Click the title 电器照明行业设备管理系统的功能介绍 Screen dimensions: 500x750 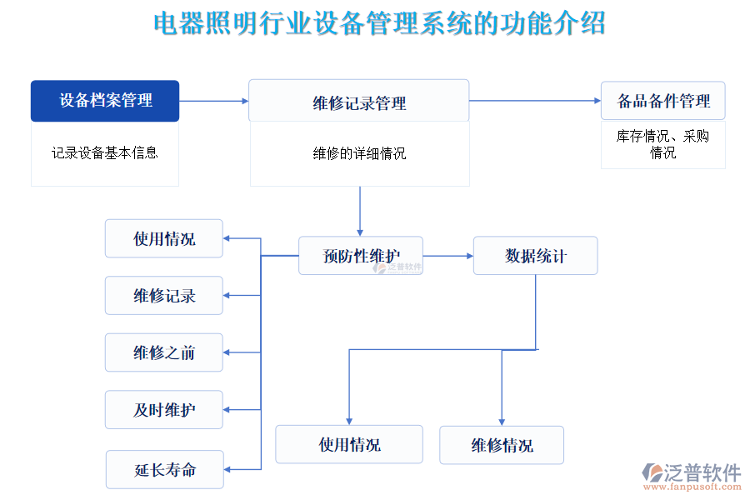(x=379, y=23)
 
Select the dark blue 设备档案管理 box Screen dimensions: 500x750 (x=105, y=101)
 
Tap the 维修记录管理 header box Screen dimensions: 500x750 (x=359, y=102)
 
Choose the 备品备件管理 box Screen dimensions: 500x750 (x=662, y=101)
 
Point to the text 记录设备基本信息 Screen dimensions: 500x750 (x=105, y=152)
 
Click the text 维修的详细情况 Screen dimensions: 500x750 (x=359, y=153)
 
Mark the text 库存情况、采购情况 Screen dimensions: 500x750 (x=662, y=144)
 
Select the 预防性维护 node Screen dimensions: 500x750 (x=361, y=256)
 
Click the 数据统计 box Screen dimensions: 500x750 (x=535, y=256)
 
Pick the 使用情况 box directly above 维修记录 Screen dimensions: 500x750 (x=164, y=238)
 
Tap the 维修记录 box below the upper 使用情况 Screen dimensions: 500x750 (x=164, y=296)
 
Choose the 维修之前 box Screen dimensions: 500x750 (x=164, y=352)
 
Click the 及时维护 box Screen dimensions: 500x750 (x=164, y=410)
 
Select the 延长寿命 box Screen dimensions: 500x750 (x=164, y=469)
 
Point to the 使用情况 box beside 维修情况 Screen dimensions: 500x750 (x=349, y=444)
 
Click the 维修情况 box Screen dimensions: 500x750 (x=502, y=445)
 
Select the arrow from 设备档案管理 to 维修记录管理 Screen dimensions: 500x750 (x=214, y=101)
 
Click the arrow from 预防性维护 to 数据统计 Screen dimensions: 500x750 (x=448, y=256)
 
